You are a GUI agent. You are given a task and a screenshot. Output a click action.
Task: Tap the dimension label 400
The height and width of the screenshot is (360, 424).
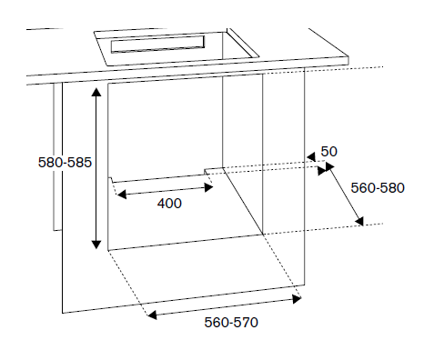coord(169,204)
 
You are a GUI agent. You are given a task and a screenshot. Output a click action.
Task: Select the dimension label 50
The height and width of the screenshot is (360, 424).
coord(328,151)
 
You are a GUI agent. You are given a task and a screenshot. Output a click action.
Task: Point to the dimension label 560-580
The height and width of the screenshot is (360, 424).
coord(378,188)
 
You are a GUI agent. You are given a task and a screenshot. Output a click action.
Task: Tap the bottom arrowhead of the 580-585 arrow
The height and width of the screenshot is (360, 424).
coord(95,244)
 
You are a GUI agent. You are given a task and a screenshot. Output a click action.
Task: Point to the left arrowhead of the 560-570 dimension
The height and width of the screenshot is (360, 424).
coord(153,315)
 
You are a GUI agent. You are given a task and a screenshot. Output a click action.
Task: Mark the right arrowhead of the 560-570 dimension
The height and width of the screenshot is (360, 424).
coord(297,294)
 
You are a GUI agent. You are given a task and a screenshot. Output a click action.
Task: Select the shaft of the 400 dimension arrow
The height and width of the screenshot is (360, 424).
coord(166,189)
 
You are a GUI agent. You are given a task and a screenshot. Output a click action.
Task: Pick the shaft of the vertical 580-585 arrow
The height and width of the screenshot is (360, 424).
coord(95,168)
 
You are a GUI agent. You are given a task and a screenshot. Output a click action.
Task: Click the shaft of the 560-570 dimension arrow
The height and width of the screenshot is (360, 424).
coord(225,305)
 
